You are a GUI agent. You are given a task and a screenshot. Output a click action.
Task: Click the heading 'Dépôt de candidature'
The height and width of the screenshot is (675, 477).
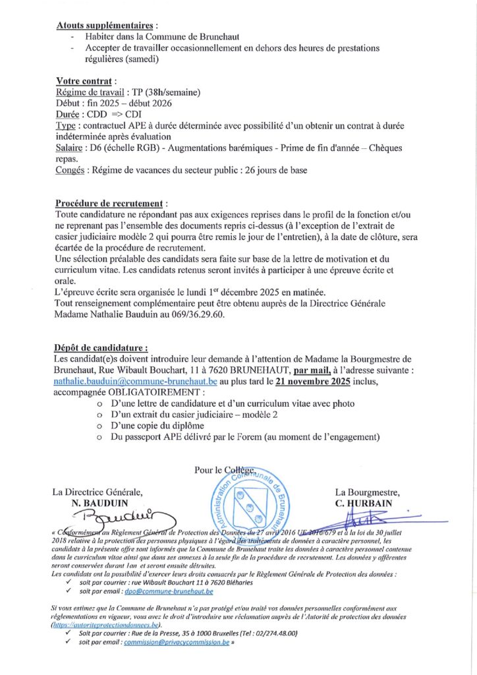click(100, 347)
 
